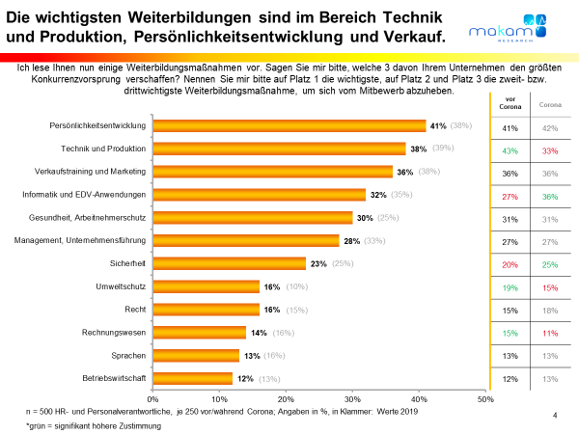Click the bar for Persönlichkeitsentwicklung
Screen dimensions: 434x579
tap(289, 125)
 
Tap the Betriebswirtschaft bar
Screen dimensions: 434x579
tap(193, 378)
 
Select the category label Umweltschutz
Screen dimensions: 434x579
tap(120, 286)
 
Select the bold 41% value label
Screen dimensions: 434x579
tap(437, 125)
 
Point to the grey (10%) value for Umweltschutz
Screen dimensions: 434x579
tap(297, 286)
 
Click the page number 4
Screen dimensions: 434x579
tap(555, 414)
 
